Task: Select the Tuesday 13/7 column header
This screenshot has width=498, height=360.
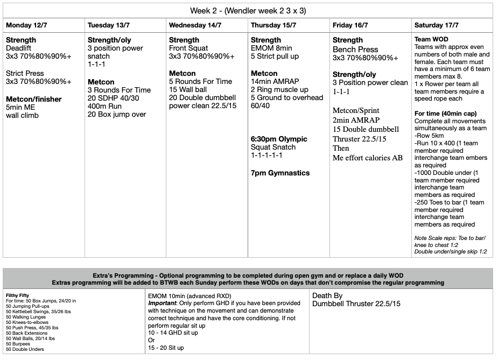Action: tap(108, 25)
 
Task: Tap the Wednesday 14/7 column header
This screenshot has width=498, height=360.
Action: tap(194, 25)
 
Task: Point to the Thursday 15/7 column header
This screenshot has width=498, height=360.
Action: tap(273, 25)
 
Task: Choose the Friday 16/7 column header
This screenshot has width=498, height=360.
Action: tap(350, 25)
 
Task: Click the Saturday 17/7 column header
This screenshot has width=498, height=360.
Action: tap(437, 25)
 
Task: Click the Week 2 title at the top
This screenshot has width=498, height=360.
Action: tap(248, 11)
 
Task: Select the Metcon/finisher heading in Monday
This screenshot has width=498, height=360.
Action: tap(33, 99)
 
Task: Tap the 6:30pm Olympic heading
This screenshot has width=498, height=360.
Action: tap(279, 139)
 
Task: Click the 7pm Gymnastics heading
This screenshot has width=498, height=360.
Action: tap(280, 173)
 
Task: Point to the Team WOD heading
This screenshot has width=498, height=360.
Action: tap(431, 39)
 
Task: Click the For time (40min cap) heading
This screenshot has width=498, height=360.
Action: tap(445, 113)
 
